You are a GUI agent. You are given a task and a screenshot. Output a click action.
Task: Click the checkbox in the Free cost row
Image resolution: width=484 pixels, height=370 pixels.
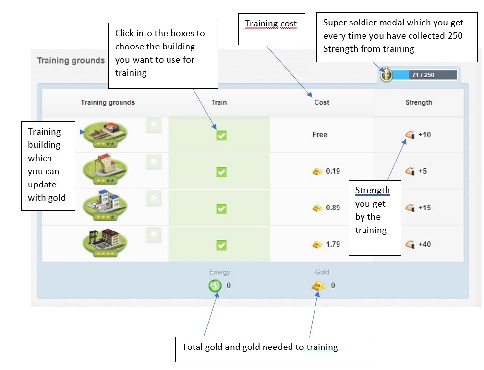point(221,135)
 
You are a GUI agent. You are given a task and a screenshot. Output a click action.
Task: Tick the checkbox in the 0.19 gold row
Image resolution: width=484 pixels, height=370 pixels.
point(221,172)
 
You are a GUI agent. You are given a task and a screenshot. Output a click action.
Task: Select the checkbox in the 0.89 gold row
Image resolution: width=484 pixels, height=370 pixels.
point(221,208)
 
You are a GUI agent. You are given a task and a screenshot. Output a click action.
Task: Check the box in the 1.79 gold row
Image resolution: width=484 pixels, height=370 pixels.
point(221,245)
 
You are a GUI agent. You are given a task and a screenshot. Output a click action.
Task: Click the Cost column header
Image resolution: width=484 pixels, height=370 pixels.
point(322,102)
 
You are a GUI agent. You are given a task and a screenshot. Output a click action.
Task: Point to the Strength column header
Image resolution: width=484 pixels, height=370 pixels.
point(418,102)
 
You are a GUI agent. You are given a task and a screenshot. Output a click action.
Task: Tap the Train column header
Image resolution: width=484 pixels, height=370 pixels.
point(219,102)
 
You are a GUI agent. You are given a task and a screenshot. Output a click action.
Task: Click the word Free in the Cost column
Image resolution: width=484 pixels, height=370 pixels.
point(319,135)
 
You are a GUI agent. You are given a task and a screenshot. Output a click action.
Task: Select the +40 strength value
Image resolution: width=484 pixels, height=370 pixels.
point(424,244)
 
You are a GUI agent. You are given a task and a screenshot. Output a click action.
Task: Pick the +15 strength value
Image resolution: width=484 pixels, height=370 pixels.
point(424,208)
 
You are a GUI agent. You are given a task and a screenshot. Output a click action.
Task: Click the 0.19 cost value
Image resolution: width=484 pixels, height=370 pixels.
point(333,171)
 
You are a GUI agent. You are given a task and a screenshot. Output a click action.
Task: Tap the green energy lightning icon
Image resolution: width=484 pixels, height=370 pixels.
point(215,285)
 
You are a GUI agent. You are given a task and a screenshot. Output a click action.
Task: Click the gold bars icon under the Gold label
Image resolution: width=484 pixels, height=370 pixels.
point(318,286)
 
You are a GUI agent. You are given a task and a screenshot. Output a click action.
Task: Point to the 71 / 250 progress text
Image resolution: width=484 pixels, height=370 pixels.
point(423,75)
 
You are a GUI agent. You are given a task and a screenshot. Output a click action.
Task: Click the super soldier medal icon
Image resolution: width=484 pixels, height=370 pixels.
point(387,75)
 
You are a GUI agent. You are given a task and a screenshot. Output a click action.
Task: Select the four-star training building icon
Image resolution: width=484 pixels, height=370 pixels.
point(105,241)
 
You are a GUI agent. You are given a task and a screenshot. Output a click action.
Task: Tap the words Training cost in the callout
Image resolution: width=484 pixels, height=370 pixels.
point(271,24)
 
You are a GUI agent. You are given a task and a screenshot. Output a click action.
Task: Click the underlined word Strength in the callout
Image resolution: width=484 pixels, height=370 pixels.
point(372,190)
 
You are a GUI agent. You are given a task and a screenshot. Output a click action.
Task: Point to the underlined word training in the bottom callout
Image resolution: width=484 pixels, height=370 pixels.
point(322,347)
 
